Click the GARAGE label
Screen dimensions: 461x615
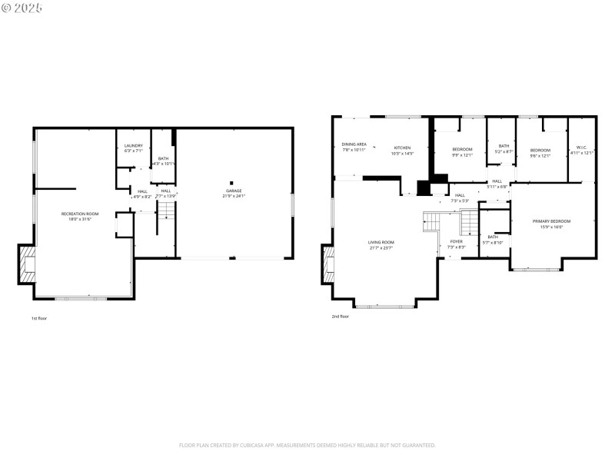(234, 191)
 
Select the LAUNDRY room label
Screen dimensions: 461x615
(134, 145)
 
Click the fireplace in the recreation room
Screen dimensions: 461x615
(28, 266)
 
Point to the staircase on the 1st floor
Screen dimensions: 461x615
(163, 221)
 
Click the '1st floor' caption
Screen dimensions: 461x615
(38, 317)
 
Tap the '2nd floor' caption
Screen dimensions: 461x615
(340, 316)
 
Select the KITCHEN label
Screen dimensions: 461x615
(403, 148)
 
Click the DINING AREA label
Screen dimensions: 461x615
(354, 144)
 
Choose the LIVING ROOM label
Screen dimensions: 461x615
(381, 241)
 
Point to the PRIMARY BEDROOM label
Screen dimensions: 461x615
(551, 221)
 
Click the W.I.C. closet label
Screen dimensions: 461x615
(581, 148)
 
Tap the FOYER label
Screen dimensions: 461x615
(457, 241)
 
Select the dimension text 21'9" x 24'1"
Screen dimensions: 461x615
(234, 196)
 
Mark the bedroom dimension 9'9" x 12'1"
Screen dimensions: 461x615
(462, 154)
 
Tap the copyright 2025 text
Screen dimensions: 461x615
(22, 8)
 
